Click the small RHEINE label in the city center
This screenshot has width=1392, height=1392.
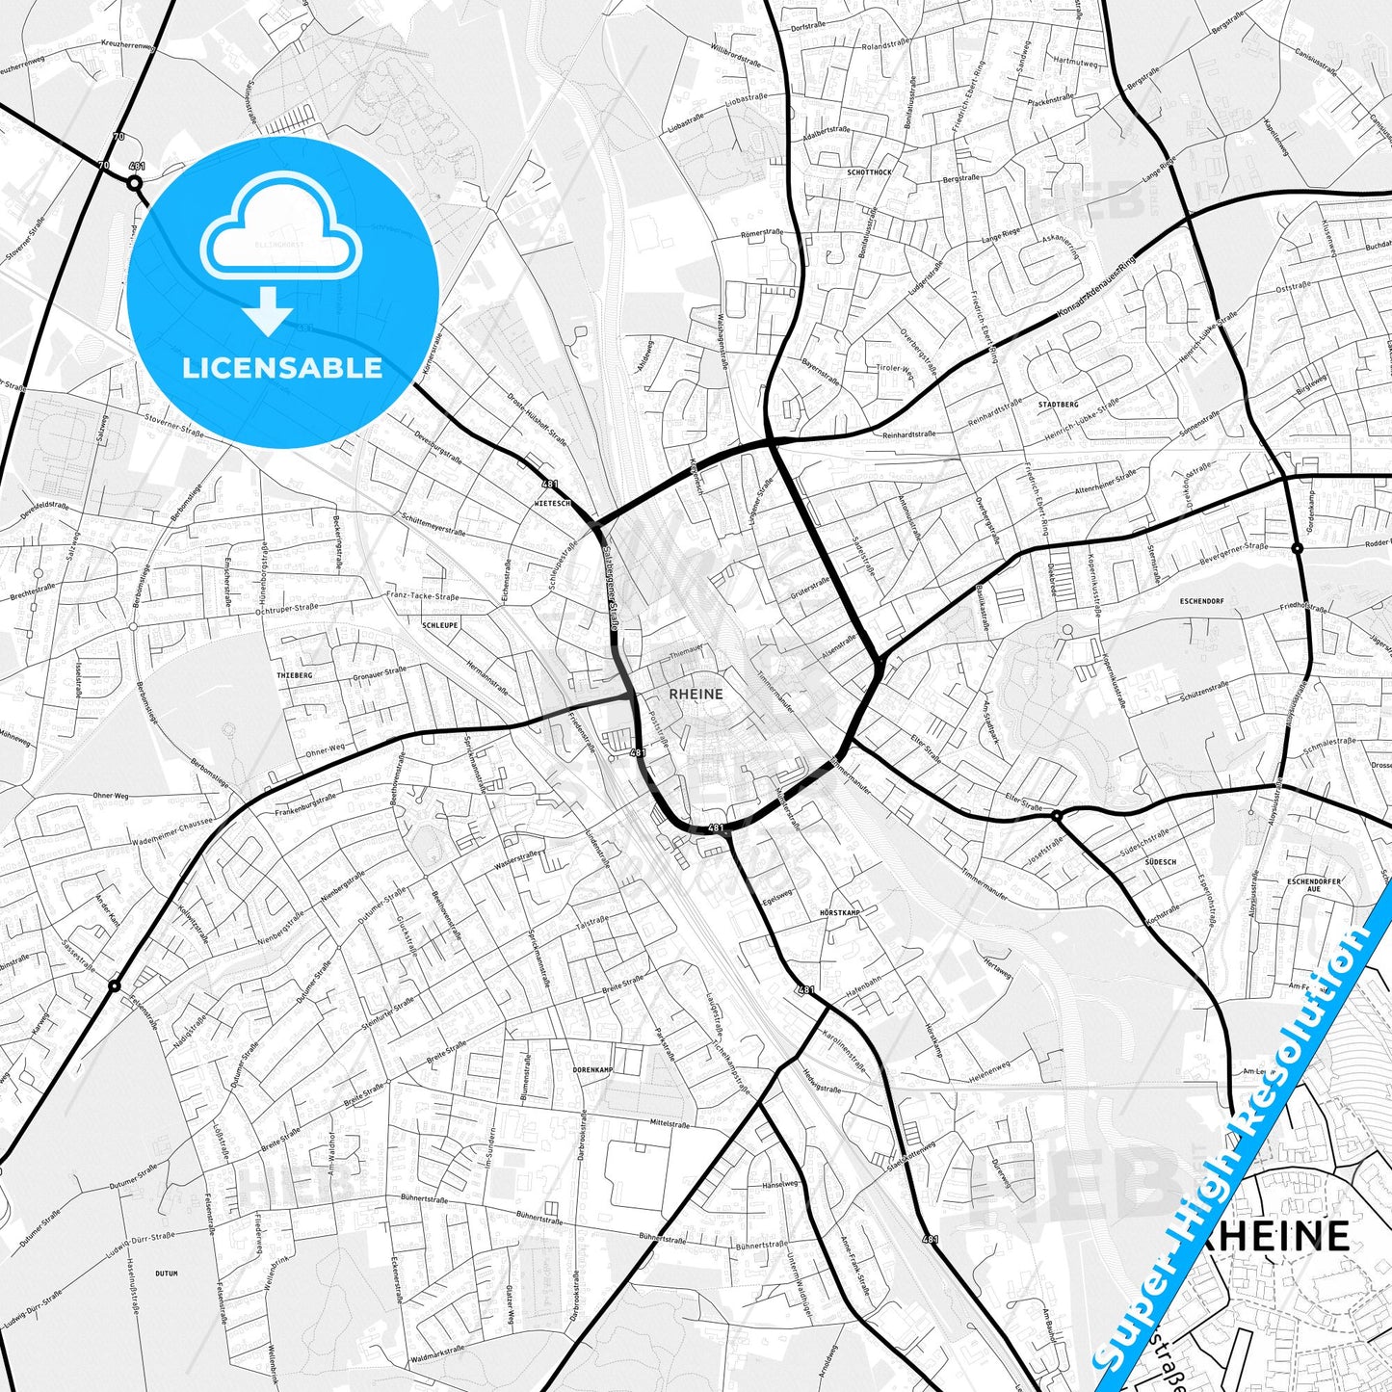click(696, 693)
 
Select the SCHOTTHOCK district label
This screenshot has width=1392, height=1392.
click(869, 171)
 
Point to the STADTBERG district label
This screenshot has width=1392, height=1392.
click(1058, 405)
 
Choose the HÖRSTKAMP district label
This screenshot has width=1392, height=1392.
click(838, 911)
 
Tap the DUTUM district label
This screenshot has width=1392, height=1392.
click(167, 1274)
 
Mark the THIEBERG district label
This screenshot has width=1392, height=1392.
click(294, 675)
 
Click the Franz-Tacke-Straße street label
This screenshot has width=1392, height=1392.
click(422, 597)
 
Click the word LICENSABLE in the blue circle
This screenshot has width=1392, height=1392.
click(282, 368)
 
